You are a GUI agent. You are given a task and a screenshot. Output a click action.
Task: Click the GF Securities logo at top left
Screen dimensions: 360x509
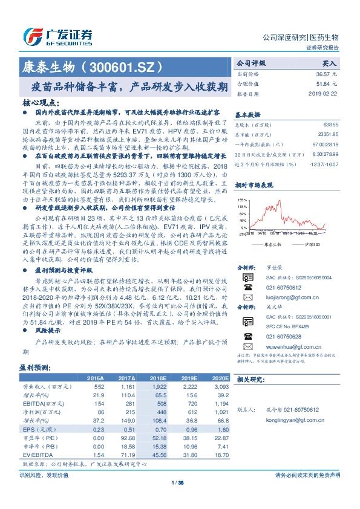pyautogui.click(x=58, y=34)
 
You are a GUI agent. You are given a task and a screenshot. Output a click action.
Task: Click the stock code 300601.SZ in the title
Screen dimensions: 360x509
pyautogui.click(x=128, y=64)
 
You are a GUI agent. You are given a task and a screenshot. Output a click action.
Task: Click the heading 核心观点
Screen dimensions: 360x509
pyautogui.click(x=41, y=103)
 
